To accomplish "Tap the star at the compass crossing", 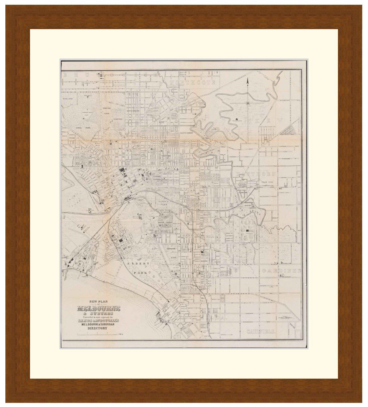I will click(248, 103).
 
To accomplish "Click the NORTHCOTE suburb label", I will click(193, 82).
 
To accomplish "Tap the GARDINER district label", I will click(281, 271).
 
